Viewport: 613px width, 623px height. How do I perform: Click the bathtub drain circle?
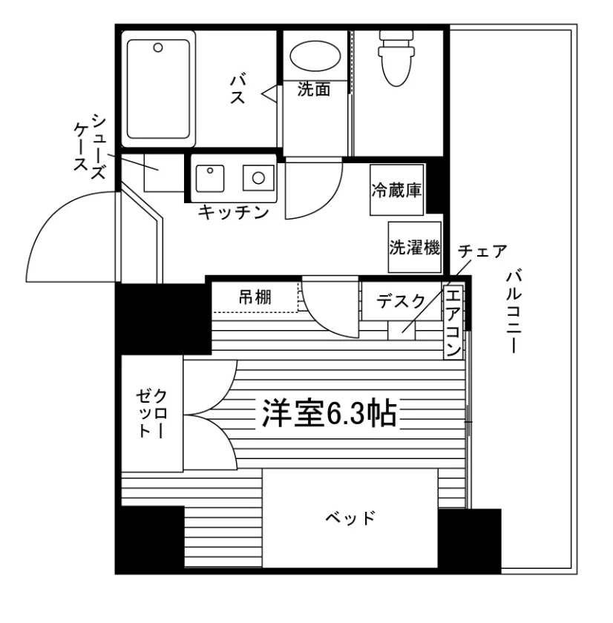[x=158, y=47]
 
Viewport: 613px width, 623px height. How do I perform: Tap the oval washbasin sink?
[x=315, y=56]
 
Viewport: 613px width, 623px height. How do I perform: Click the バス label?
[x=237, y=88]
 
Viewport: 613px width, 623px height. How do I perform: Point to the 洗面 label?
[x=314, y=90]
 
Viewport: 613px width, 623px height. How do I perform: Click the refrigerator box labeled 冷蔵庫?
[x=397, y=190]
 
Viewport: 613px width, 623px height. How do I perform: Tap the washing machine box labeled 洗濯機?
[x=415, y=247]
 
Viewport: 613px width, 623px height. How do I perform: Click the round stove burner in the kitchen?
[x=258, y=177]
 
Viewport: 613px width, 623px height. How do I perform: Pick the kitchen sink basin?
[x=210, y=179]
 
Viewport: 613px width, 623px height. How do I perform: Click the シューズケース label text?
[x=91, y=146]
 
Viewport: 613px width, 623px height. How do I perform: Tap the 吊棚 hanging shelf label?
[x=255, y=297]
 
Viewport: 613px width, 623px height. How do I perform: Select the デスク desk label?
[x=401, y=302]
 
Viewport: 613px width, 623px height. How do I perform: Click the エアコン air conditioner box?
[x=453, y=322]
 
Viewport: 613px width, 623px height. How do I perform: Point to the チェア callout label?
[x=482, y=251]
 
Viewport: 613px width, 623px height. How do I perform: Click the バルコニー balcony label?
[x=514, y=311]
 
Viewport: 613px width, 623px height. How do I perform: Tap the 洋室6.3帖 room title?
[x=330, y=414]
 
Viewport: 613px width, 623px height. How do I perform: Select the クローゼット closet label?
[x=152, y=414]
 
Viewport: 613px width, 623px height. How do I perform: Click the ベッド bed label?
[x=350, y=518]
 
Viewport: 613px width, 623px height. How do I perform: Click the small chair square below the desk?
[x=401, y=331]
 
